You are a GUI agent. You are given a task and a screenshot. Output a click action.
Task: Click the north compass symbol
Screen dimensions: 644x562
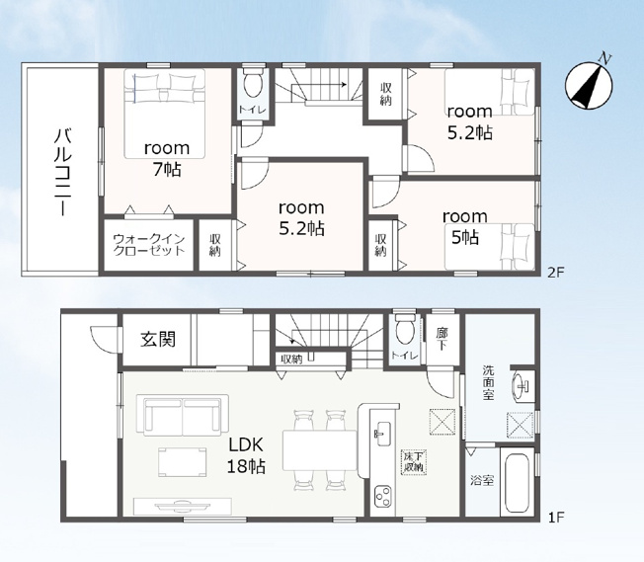pyautogui.click(x=589, y=85)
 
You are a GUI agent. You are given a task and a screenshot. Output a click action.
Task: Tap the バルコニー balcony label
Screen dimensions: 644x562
pyautogui.click(x=63, y=172)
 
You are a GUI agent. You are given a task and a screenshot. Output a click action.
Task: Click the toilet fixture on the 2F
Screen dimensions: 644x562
pyautogui.click(x=253, y=83)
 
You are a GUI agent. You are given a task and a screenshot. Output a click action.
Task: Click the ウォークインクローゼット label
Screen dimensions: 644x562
pyautogui.click(x=149, y=244)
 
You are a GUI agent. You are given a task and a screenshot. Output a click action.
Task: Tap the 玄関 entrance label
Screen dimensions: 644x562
pyautogui.click(x=158, y=340)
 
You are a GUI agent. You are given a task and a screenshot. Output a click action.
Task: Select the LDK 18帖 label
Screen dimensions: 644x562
pyautogui.click(x=246, y=455)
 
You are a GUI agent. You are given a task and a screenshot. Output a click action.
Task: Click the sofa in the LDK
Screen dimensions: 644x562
pyautogui.click(x=183, y=415)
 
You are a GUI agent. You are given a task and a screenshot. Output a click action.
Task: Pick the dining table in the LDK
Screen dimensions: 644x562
pyautogui.click(x=320, y=450)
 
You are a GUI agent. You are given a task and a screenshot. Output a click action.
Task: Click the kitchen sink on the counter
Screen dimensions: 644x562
pyautogui.click(x=383, y=433)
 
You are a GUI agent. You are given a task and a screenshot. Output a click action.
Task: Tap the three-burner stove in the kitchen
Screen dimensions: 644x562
pyautogui.click(x=383, y=496)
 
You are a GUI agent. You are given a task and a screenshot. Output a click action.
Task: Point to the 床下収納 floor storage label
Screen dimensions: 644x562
pyautogui.click(x=414, y=462)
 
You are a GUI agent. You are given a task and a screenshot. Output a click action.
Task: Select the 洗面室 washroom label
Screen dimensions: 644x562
pyautogui.click(x=488, y=382)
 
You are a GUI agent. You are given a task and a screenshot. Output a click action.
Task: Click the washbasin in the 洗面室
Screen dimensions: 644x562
pyautogui.click(x=522, y=386)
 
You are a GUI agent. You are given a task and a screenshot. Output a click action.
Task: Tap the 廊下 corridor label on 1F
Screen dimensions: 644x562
pyautogui.click(x=442, y=339)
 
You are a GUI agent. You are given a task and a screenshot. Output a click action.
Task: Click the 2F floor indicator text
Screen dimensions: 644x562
pyautogui.click(x=556, y=272)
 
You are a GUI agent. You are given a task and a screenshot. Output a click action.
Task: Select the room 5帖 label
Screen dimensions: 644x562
pyautogui.click(x=465, y=227)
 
